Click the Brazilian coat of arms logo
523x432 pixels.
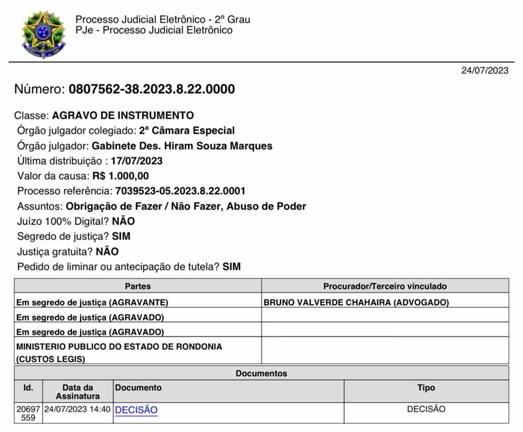42,34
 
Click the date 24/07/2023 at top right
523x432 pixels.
484,71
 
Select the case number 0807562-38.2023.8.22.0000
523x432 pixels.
151,89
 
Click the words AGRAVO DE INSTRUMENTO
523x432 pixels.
123,116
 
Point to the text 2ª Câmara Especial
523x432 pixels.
187,131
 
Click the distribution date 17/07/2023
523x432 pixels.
136,161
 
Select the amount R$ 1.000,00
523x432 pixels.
120,176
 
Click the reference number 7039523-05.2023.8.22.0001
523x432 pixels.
180,191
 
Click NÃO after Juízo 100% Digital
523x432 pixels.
123,221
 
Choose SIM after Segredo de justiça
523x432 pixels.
121,237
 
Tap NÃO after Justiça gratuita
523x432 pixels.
107,252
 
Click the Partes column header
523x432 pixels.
138,286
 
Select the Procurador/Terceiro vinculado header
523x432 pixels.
385,286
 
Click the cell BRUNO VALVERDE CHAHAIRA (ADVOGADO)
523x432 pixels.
356,303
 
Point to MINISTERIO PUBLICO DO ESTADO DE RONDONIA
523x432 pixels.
119,347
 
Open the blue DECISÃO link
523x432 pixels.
136,410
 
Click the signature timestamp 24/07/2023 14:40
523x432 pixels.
77,409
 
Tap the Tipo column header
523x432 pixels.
426,388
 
